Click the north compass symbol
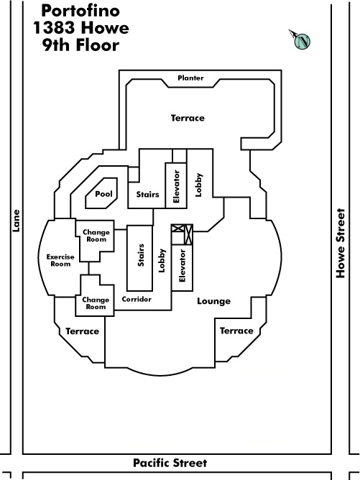(x=300, y=40)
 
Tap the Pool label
(x=103, y=194)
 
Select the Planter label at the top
(x=190, y=78)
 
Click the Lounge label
(x=213, y=301)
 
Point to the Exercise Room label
(x=60, y=260)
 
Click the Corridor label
(x=137, y=299)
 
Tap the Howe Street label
(x=341, y=243)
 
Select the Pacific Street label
(x=170, y=463)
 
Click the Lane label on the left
(x=16, y=221)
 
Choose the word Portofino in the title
(x=80, y=11)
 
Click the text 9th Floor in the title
(x=80, y=45)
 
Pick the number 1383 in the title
(x=54, y=28)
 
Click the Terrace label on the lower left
(x=82, y=331)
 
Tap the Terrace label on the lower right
(x=236, y=331)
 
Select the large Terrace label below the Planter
(x=188, y=118)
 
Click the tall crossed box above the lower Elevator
(x=189, y=234)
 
